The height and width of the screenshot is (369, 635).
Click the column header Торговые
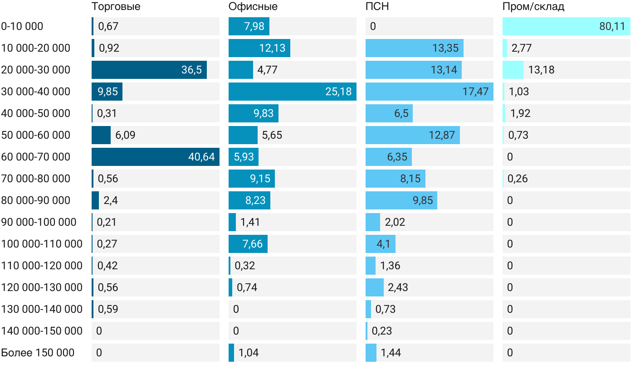tap(116, 7)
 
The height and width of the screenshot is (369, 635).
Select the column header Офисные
tap(253, 7)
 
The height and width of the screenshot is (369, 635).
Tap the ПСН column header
tap(377, 7)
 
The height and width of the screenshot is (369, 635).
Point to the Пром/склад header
tap(533, 7)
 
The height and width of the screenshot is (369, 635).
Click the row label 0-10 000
tap(22, 26)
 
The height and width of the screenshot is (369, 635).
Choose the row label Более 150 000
tap(38, 353)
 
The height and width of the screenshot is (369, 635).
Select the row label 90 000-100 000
tap(39, 222)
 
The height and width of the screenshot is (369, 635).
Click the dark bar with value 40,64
tap(156, 157)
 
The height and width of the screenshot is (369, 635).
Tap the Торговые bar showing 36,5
tap(149, 70)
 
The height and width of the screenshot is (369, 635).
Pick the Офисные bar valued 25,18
tap(293, 92)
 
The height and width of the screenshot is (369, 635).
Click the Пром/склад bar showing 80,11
tap(567, 26)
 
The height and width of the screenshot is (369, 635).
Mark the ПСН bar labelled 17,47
tap(430, 92)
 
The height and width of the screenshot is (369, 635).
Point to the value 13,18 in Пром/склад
tap(541, 70)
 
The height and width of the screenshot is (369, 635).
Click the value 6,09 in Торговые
tap(125, 135)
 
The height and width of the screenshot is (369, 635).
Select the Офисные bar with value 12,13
tap(259, 48)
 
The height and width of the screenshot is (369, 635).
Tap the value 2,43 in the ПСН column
tap(398, 287)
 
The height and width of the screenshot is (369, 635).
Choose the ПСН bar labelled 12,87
tap(413, 135)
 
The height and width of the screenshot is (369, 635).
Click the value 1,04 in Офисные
tap(249, 353)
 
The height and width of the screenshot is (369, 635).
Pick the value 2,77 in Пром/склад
tap(522, 48)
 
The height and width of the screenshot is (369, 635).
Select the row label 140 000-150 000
tap(42, 331)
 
